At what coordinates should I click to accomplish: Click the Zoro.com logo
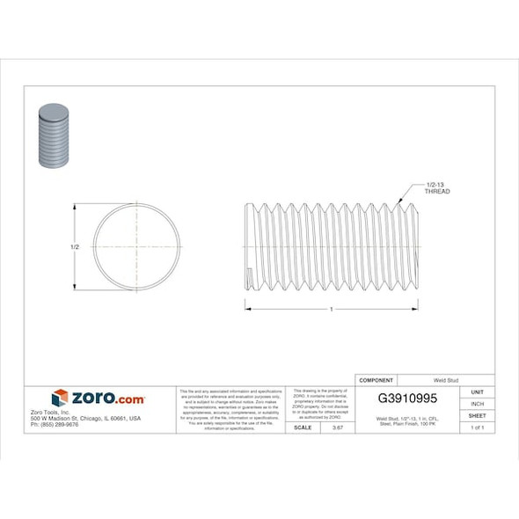coord(98,398)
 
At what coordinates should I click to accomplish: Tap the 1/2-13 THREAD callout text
coord(437,186)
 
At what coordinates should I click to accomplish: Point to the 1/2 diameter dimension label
coord(75,247)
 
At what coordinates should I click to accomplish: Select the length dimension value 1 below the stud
coord(331,309)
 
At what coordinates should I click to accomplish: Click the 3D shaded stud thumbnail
coord(54,135)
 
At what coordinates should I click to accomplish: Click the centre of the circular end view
coord(137,246)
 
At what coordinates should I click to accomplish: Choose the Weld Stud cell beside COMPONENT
coord(445,380)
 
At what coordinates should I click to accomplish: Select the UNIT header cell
coord(478,391)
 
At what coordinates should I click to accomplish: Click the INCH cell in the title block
coord(478,403)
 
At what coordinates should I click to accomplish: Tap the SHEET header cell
coord(478,415)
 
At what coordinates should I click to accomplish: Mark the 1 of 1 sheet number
coord(478,428)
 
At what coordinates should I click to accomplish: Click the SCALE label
coord(303,428)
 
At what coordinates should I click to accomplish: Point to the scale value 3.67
coord(335,428)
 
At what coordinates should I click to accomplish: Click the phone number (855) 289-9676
coord(55,425)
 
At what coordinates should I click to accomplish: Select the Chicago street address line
coord(85,419)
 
